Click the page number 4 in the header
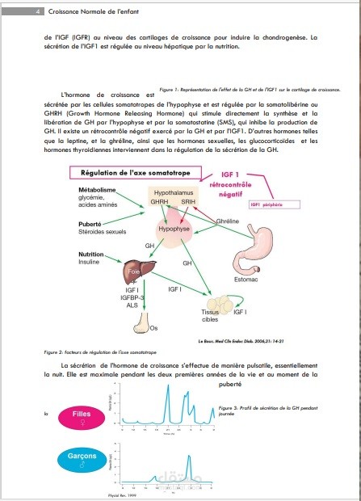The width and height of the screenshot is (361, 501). pyautogui.click(x=16, y=11)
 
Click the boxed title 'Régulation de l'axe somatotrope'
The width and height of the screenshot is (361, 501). pyautogui.click(x=130, y=173)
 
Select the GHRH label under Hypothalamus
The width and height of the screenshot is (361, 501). pyautogui.click(x=159, y=203)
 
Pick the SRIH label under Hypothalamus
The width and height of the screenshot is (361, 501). pyautogui.click(x=187, y=203)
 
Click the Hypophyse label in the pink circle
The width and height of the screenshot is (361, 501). pyautogui.click(x=173, y=229)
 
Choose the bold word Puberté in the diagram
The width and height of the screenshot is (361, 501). pyautogui.click(x=90, y=223)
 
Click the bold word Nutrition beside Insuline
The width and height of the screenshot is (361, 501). pyautogui.click(x=90, y=255)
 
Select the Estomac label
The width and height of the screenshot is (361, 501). pyautogui.click(x=246, y=280)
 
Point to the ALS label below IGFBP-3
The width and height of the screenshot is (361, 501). pyautogui.click(x=132, y=305)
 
